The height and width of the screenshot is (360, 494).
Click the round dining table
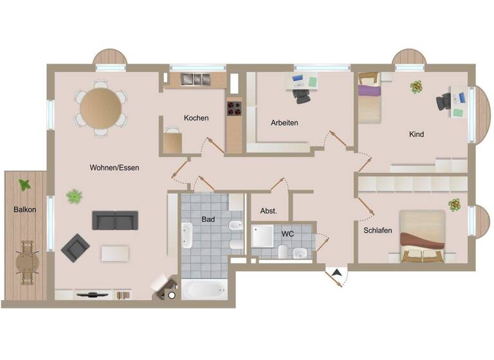point(101,107)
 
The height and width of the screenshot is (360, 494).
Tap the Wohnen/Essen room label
point(114,167)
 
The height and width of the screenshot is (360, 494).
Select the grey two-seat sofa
point(115,220)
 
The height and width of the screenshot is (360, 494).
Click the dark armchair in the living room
point(75,247)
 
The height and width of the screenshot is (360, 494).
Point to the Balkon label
point(25,210)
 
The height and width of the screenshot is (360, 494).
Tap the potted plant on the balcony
point(25,185)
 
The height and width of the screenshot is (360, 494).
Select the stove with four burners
point(234,109)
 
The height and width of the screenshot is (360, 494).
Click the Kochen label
point(196,118)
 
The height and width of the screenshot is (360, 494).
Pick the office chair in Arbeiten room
point(302,94)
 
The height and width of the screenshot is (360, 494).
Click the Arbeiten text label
point(284,122)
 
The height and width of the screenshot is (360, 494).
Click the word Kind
point(417,134)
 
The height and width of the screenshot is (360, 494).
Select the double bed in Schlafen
point(422,236)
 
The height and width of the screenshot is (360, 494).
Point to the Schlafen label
point(378,230)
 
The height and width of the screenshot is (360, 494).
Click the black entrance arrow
point(336,274)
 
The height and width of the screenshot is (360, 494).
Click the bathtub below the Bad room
point(204,289)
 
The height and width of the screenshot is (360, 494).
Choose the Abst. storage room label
point(269,211)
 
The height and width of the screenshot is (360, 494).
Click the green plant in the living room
point(75,196)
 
